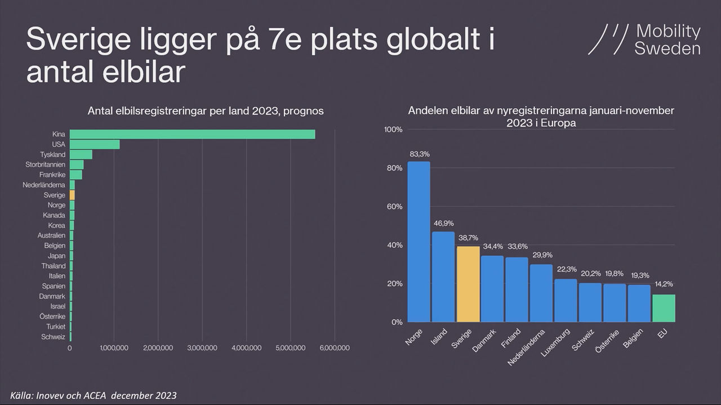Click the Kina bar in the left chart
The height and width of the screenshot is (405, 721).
[192, 134]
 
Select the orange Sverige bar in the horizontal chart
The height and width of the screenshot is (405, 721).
[72, 195]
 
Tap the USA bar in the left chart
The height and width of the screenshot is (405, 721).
[94, 144]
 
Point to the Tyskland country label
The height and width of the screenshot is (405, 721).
[52, 154]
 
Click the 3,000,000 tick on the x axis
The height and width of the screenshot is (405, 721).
[202, 348]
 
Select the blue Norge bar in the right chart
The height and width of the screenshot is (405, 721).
[419, 242]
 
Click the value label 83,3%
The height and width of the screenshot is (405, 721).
[419, 153]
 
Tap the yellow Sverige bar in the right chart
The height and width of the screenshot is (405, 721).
[468, 284]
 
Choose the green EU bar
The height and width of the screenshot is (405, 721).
[664, 308]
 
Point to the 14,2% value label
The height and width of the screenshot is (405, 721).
[664, 284]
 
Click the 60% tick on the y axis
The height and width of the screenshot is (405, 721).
[393, 207]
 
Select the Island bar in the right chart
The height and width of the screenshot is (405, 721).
[443, 277]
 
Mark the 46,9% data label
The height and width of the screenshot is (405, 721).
[443, 223]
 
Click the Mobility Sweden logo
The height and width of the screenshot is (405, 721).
[644, 39]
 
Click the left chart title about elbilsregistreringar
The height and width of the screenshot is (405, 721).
[206, 111]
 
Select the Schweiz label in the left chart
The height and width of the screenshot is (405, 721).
[54, 337]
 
